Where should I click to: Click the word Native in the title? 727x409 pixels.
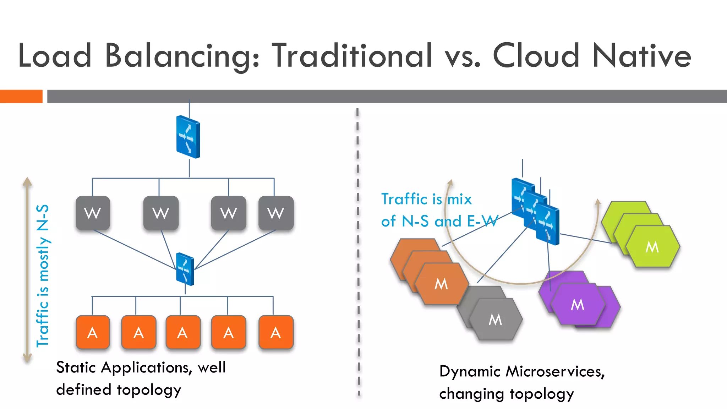tap(642, 55)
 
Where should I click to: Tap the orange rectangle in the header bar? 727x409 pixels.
tap(21, 96)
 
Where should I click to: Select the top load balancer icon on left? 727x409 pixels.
tap(188, 137)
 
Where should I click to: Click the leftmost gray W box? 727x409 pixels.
tap(93, 213)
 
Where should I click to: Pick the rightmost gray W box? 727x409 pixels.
tap(276, 213)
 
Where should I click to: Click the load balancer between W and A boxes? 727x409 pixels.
tap(185, 269)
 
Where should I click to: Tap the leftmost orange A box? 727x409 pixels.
tap(93, 332)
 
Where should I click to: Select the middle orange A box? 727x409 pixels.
tap(183, 332)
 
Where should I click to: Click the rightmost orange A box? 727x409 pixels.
tap(276, 332)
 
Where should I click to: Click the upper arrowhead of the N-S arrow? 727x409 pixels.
tap(27, 182)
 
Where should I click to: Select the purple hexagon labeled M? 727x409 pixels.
tap(578, 304)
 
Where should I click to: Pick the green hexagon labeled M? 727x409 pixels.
tap(652, 247)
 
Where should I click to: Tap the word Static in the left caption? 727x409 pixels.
tap(76, 367)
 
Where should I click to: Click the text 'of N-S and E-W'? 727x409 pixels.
tap(439, 221)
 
